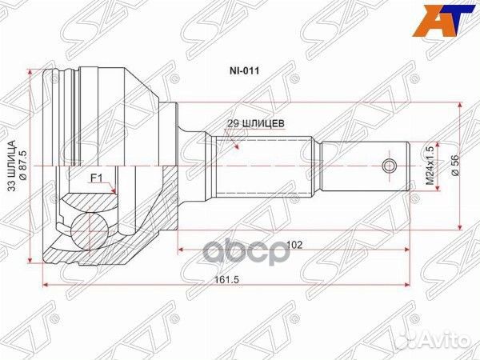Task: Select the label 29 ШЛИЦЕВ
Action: tap(254, 123)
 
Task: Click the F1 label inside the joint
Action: tap(95, 178)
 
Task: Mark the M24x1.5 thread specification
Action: tap(429, 166)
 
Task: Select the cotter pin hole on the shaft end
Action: tap(390, 166)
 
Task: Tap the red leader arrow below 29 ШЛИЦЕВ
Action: tap(237, 139)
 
